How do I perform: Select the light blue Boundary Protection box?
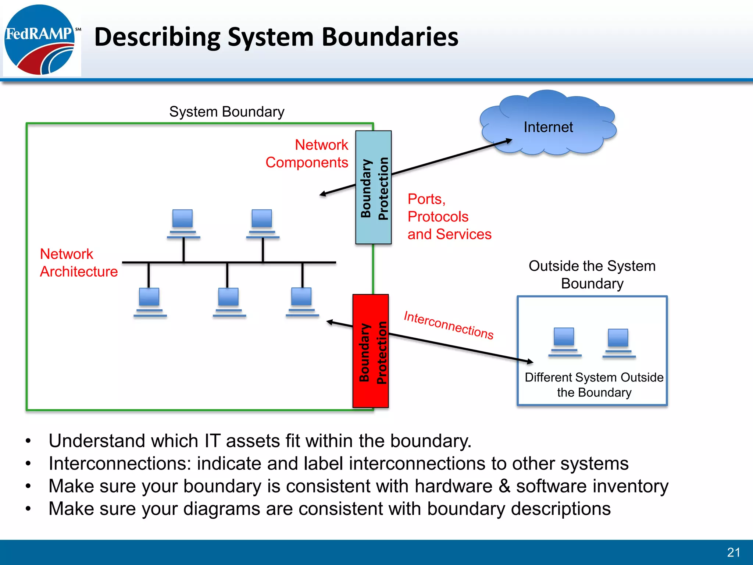(x=373, y=188)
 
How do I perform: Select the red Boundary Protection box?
(x=371, y=351)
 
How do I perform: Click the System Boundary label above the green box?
(x=227, y=111)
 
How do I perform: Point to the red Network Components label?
(x=307, y=153)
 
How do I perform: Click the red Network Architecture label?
(x=78, y=263)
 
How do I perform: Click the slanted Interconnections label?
(x=449, y=325)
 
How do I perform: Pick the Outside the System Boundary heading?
(x=592, y=274)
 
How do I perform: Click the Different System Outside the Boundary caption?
(x=594, y=385)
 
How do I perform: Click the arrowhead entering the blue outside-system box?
(x=530, y=362)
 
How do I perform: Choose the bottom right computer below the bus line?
(x=302, y=302)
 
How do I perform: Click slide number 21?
(x=734, y=552)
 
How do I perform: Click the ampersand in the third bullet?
(x=504, y=486)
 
